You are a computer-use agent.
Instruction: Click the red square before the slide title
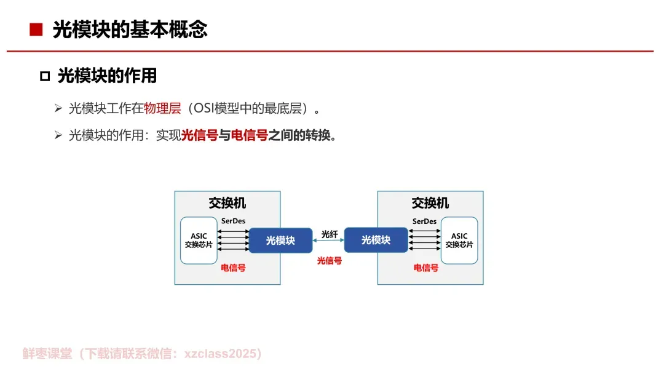point(36,30)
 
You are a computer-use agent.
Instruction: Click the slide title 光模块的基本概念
point(130,30)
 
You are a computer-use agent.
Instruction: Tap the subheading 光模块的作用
point(107,76)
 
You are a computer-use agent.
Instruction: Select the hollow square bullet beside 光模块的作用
point(44,76)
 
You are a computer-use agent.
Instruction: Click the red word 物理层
point(162,109)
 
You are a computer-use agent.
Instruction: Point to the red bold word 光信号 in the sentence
point(199,135)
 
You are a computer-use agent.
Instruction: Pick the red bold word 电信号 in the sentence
point(249,135)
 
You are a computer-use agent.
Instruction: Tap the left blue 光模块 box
point(280,240)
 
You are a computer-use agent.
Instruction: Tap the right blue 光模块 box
point(376,240)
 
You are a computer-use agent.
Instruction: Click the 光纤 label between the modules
point(330,234)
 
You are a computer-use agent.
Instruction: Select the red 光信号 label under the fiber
point(329,261)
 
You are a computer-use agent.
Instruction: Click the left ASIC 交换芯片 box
point(199,241)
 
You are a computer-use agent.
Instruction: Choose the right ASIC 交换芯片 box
point(459,241)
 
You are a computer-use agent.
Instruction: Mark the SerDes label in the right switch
point(424,221)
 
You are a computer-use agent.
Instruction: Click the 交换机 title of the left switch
point(227,203)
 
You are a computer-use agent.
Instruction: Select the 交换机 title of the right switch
point(430,203)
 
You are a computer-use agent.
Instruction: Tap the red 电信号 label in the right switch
point(425,268)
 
